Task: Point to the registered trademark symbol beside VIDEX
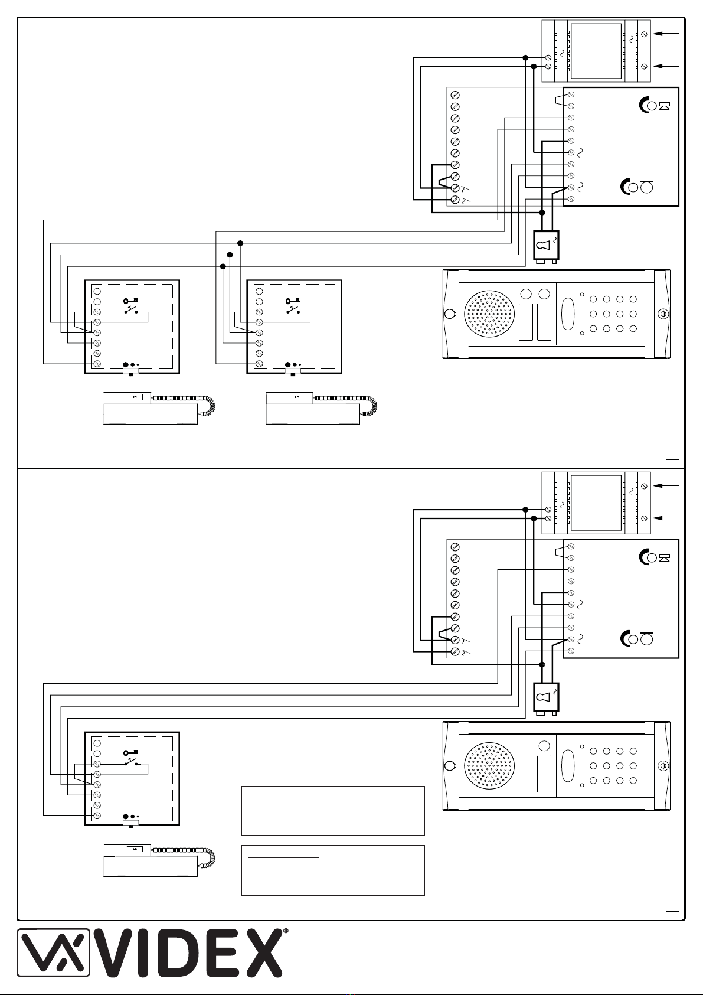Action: tap(286, 931)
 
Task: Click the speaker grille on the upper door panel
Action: tap(489, 314)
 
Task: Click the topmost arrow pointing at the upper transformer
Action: tap(666, 34)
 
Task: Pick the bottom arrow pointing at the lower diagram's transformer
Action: tap(666, 518)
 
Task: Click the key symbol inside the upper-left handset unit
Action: tap(130, 301)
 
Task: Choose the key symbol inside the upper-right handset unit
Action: tap(293, 301)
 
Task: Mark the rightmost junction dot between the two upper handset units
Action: tap(240, 243)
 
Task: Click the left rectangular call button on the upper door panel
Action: tap(526, 322)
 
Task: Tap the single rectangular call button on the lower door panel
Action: tap(544, 774)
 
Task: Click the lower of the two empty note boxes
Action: tap(333, 870)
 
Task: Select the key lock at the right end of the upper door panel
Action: tap(663, 314)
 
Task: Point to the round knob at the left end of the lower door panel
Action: tap(449, 765)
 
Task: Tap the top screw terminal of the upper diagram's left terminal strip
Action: tap(455, 95)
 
